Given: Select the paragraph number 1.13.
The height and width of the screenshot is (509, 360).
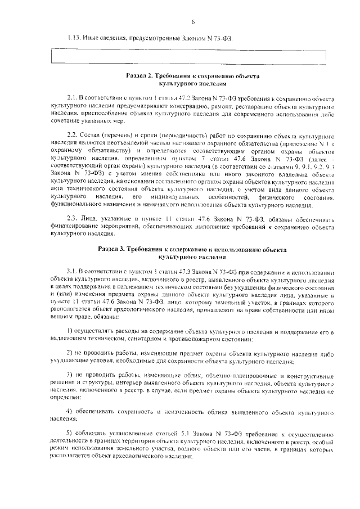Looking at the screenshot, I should coord(73,38).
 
